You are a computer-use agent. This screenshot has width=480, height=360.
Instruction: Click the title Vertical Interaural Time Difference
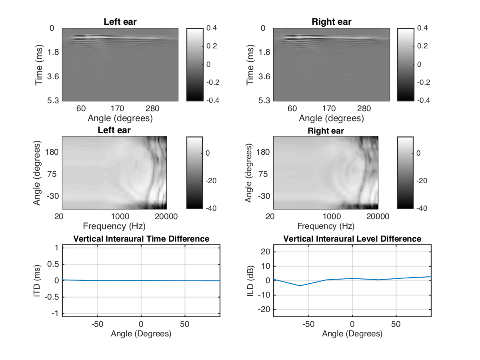(141, 239)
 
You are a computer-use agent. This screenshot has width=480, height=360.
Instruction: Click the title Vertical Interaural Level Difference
(352, 239)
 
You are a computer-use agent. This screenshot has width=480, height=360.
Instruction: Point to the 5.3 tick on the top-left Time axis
(54, 100)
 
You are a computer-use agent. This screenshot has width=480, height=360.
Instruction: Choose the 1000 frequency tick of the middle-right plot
(332, 216)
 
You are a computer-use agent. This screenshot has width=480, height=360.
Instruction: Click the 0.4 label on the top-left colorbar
(212, 28)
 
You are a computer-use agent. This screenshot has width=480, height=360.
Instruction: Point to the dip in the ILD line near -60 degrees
(300, 286)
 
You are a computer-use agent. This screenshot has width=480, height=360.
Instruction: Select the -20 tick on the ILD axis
(263, 310)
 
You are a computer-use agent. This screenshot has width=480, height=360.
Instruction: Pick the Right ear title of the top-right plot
(332, 22)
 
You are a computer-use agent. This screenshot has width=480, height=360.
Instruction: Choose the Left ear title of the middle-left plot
(114, 130)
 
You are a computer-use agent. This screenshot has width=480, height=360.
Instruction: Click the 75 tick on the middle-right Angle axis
(265, 174)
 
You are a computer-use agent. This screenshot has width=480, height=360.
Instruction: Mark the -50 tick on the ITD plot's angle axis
(97, 323)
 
